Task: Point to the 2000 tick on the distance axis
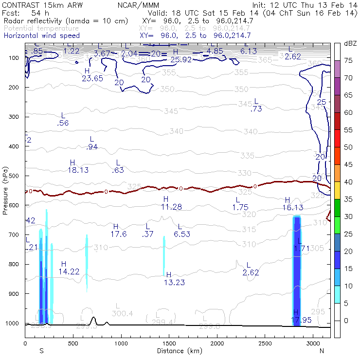(217, 343)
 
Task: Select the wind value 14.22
(69, 271)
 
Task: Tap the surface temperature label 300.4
(122, 313)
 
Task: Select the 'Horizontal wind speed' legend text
(42, 36)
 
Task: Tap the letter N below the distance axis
(322, 351)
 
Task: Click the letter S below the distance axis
(41, 351)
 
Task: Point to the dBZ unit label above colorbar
(350, 44)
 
